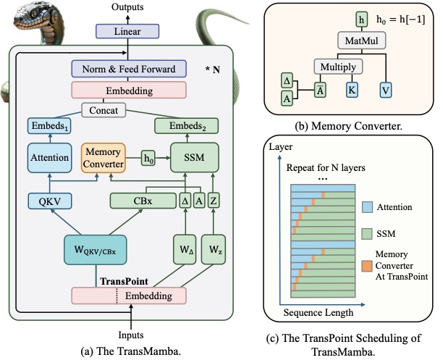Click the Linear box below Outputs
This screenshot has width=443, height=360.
point(127,31)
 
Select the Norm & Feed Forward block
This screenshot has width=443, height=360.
point(129,69)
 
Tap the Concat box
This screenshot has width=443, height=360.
point(104,110)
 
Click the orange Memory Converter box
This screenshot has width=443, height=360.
point(104,158)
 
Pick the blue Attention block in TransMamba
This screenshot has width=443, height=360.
point(50,157)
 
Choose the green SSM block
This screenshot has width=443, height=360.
point(195,157)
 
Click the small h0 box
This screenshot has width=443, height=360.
point(148,158)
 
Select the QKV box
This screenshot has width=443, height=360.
point(50,201)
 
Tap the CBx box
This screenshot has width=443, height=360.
point(143,201)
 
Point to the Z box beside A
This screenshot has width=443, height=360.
point(214,201)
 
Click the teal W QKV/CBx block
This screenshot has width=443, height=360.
point(96,250)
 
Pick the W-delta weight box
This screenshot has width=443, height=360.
point(185,249)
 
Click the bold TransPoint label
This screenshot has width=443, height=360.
point(124,281)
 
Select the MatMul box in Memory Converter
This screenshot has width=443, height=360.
point(362,41)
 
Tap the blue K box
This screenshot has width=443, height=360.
point(352,91)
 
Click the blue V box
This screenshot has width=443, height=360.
point(386,91)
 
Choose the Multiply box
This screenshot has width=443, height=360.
point(338,67)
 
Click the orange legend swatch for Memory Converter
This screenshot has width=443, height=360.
point(367,266)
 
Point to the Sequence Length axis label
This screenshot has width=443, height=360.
point(318,312)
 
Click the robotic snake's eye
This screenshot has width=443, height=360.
point(35,13)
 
